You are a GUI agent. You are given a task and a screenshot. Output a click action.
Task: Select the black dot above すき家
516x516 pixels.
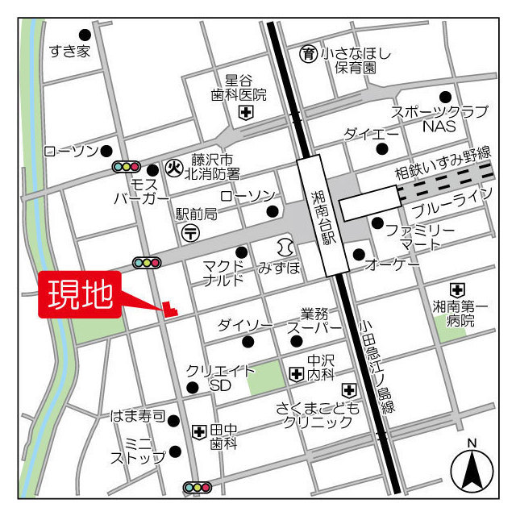(85, 35)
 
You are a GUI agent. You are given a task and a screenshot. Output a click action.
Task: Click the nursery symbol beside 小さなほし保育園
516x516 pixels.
(308, 54)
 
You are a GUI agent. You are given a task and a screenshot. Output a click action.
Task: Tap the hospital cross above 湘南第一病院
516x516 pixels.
(457, 289)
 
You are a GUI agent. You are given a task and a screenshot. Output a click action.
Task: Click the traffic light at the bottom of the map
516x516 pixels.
(197, 487)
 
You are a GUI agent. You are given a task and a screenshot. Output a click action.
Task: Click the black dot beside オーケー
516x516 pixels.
(359, 255)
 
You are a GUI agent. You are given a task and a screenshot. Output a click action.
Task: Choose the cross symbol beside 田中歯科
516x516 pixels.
(199, 431)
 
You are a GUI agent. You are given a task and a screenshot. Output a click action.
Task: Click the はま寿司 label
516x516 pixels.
(138, 417)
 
